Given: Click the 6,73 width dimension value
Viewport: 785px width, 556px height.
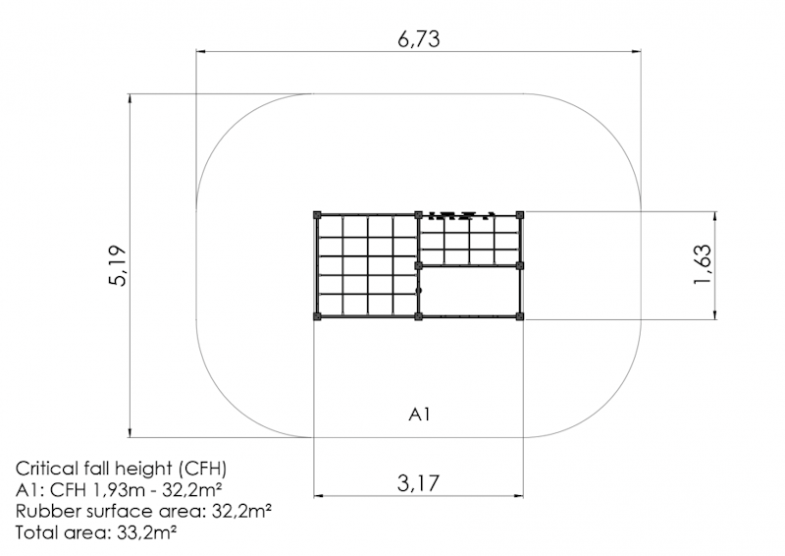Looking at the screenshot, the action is (x=419, y=38).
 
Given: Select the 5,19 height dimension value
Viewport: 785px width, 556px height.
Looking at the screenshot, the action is (x=118, y=265).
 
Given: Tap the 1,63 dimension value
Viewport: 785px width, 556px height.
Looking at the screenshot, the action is (x=702, y=264).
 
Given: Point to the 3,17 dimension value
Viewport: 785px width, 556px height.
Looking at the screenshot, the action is (x=419, y=483).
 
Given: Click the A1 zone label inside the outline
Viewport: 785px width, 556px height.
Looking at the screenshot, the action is (x=420, y=415).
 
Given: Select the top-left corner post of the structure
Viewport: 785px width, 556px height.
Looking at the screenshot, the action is (x=317, y=215).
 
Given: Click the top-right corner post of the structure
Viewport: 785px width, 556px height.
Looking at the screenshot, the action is (x=520, y=215).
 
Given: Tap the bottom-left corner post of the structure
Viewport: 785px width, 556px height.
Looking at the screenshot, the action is (x=317, y=316).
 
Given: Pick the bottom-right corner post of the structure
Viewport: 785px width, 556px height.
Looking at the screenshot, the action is (x=520, y=316).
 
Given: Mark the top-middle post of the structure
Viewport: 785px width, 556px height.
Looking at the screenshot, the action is (x=419, y=215).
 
